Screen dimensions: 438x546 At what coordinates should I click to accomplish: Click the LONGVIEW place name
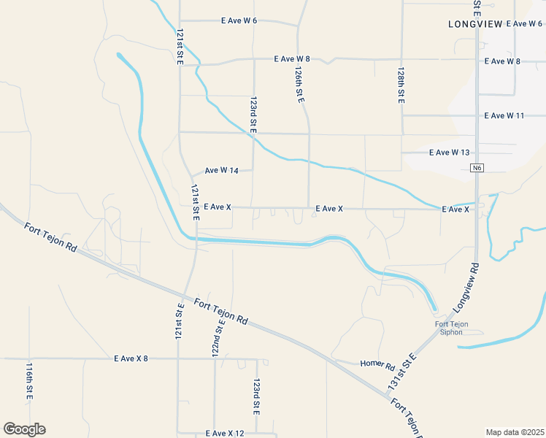coord(475,24)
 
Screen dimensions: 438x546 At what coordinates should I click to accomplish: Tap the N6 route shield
coord(477,168)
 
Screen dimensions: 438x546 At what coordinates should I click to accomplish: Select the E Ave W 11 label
coord(504,115)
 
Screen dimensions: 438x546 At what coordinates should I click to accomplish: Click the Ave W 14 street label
coord(222,171)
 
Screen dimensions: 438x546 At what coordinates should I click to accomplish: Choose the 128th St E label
coord(401,86)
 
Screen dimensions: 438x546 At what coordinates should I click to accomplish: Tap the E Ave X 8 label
coord(131,358)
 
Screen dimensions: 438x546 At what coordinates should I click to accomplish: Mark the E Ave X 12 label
coord(225,434)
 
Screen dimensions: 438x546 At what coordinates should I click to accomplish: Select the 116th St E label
coord(30,380)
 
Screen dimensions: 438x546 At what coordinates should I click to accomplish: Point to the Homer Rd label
coord(377,364)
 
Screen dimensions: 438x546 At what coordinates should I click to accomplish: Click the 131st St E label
coord(401,371)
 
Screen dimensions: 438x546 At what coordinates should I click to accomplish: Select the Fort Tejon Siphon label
coord(451,328)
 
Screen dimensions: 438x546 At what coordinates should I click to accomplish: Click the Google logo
coord(24,429)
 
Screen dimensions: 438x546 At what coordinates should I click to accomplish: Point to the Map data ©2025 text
coord(515,432)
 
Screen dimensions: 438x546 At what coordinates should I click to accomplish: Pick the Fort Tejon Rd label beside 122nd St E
coord(221,310)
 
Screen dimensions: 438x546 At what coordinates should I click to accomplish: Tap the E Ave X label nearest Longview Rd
coord(455,210)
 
